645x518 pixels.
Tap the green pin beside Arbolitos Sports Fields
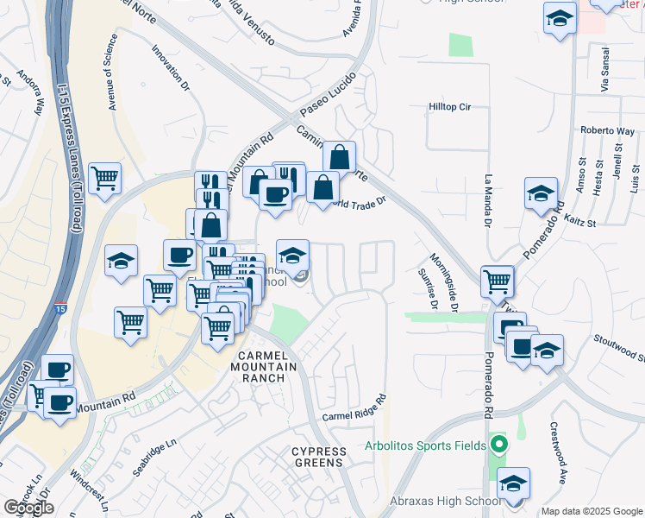498,445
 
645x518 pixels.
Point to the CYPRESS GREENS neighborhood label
319,457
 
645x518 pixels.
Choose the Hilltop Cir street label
450,107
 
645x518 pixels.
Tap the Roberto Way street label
607,130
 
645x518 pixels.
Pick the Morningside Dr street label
453,283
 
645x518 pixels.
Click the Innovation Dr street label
170,68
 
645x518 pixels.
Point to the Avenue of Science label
112,73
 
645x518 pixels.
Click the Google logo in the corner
28,507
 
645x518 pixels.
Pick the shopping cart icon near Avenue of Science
105,179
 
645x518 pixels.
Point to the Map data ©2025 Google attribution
592,511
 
